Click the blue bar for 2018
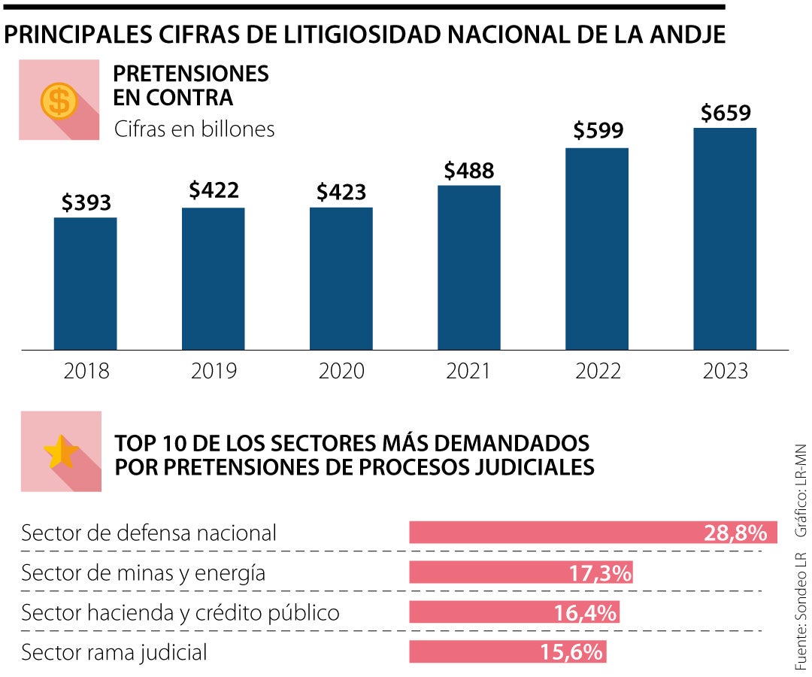click(x=85, y=284)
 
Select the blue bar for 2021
click(x=468, y=267)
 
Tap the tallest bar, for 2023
click(x=724, y=238)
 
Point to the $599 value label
click(x=598, y=130)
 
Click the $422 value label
click(x=214, y=190)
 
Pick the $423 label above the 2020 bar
click(x=341, y=192)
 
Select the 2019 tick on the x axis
click(x=214, y=371)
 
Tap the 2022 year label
click(x=598, y=371)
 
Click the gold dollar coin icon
click(x=59, y=100)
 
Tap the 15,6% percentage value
click(x=571, y=651)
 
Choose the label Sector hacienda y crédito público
click(x=180, y=612)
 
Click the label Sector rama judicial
click(x=114, y=651)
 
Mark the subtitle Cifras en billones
click(x=194, y=129)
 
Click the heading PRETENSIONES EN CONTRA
click(x=190, y=85)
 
